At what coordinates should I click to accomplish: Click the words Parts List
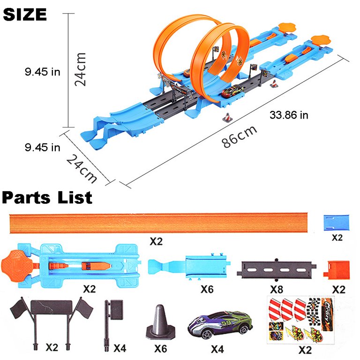(47, 197)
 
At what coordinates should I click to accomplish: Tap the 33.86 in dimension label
(288, 115)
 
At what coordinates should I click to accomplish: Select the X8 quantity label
(277, 289)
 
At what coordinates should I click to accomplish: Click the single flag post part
(112, 319)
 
